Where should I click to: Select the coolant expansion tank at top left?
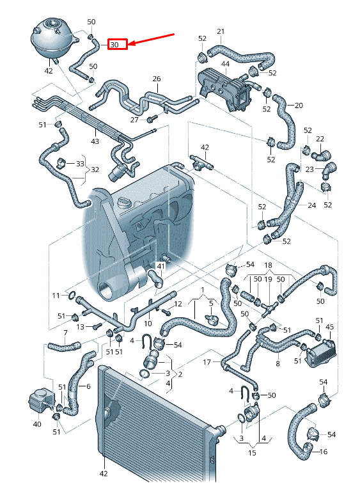[x=52, y=39]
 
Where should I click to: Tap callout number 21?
[x=221, y=31]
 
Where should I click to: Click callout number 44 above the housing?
[x=225, y=65]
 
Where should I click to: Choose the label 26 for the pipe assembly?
[x=157, y=79]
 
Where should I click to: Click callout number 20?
[x=299, y=105]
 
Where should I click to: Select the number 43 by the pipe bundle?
[x=95, y=141]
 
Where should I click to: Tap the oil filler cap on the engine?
[x=124, y=203]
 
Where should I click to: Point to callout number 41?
[x=161, y=265]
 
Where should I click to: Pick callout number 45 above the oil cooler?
[x=329, y=327]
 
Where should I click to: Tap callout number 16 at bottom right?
[x=322, y=452]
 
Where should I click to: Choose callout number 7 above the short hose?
[x=65, y=332]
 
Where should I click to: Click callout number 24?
[x=311, y=205]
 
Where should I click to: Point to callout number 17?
[x=207, y=362]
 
